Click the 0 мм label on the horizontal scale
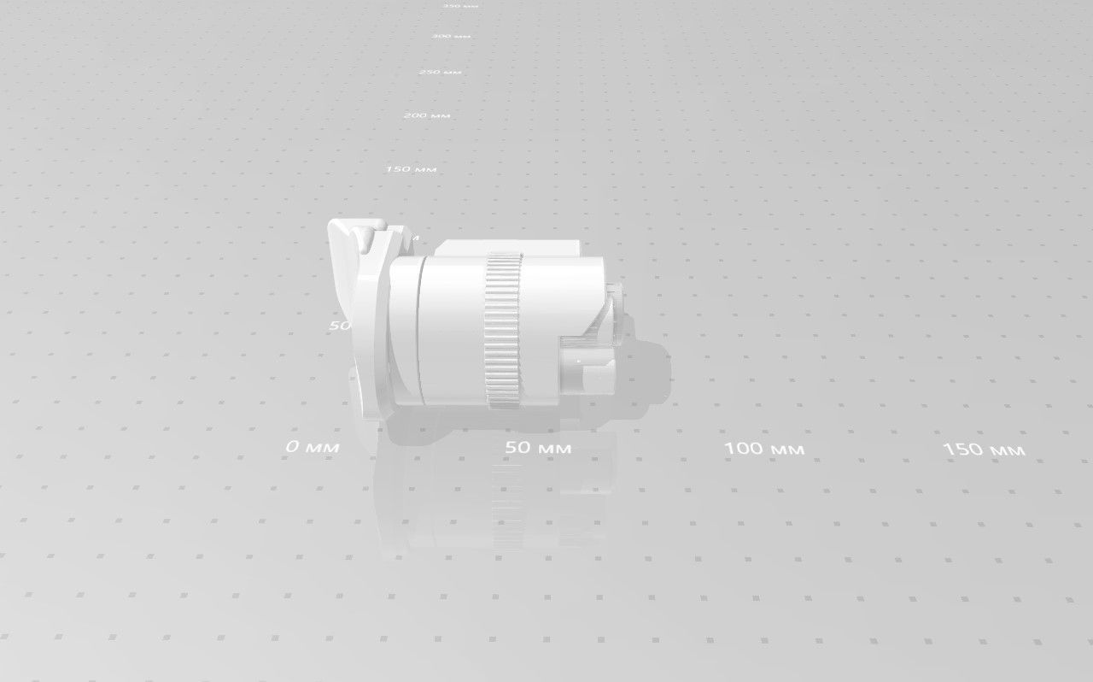pyautogui.click(x=313, y=447)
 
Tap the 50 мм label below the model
pyautogui.click(x=538, y=448)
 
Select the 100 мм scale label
pyautogui.click(x=764, y=449)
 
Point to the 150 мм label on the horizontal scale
pyautogui.click(x=984, y=450)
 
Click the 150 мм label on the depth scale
pyautogui.click(x=411, y=169)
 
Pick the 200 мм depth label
pyautogui.click(x=427, y=115)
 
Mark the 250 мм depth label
pyautogui.click(x=441, y=72)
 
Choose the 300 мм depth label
pyautogui.click(x=452, y=37)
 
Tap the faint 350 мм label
pyautogui.click(x=460, y=6)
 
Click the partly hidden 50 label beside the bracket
pyautogui.click(x=340, y=326)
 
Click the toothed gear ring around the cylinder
pyautogui.click(x=503, y=329)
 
